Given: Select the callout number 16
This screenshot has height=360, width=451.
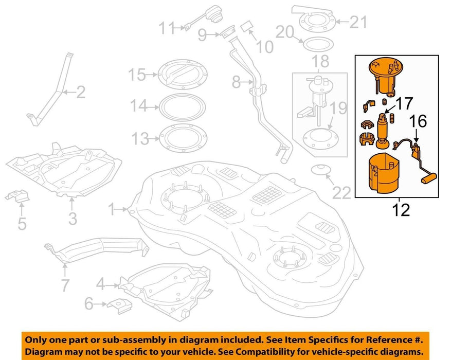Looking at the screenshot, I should [419, 122].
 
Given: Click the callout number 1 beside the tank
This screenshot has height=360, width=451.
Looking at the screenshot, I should [112, 209].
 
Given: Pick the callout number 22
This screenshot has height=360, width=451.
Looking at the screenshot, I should [341, 192].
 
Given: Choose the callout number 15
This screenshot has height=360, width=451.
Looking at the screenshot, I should [137, 76].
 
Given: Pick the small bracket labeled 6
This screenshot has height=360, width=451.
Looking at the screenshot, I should [119, 305].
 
